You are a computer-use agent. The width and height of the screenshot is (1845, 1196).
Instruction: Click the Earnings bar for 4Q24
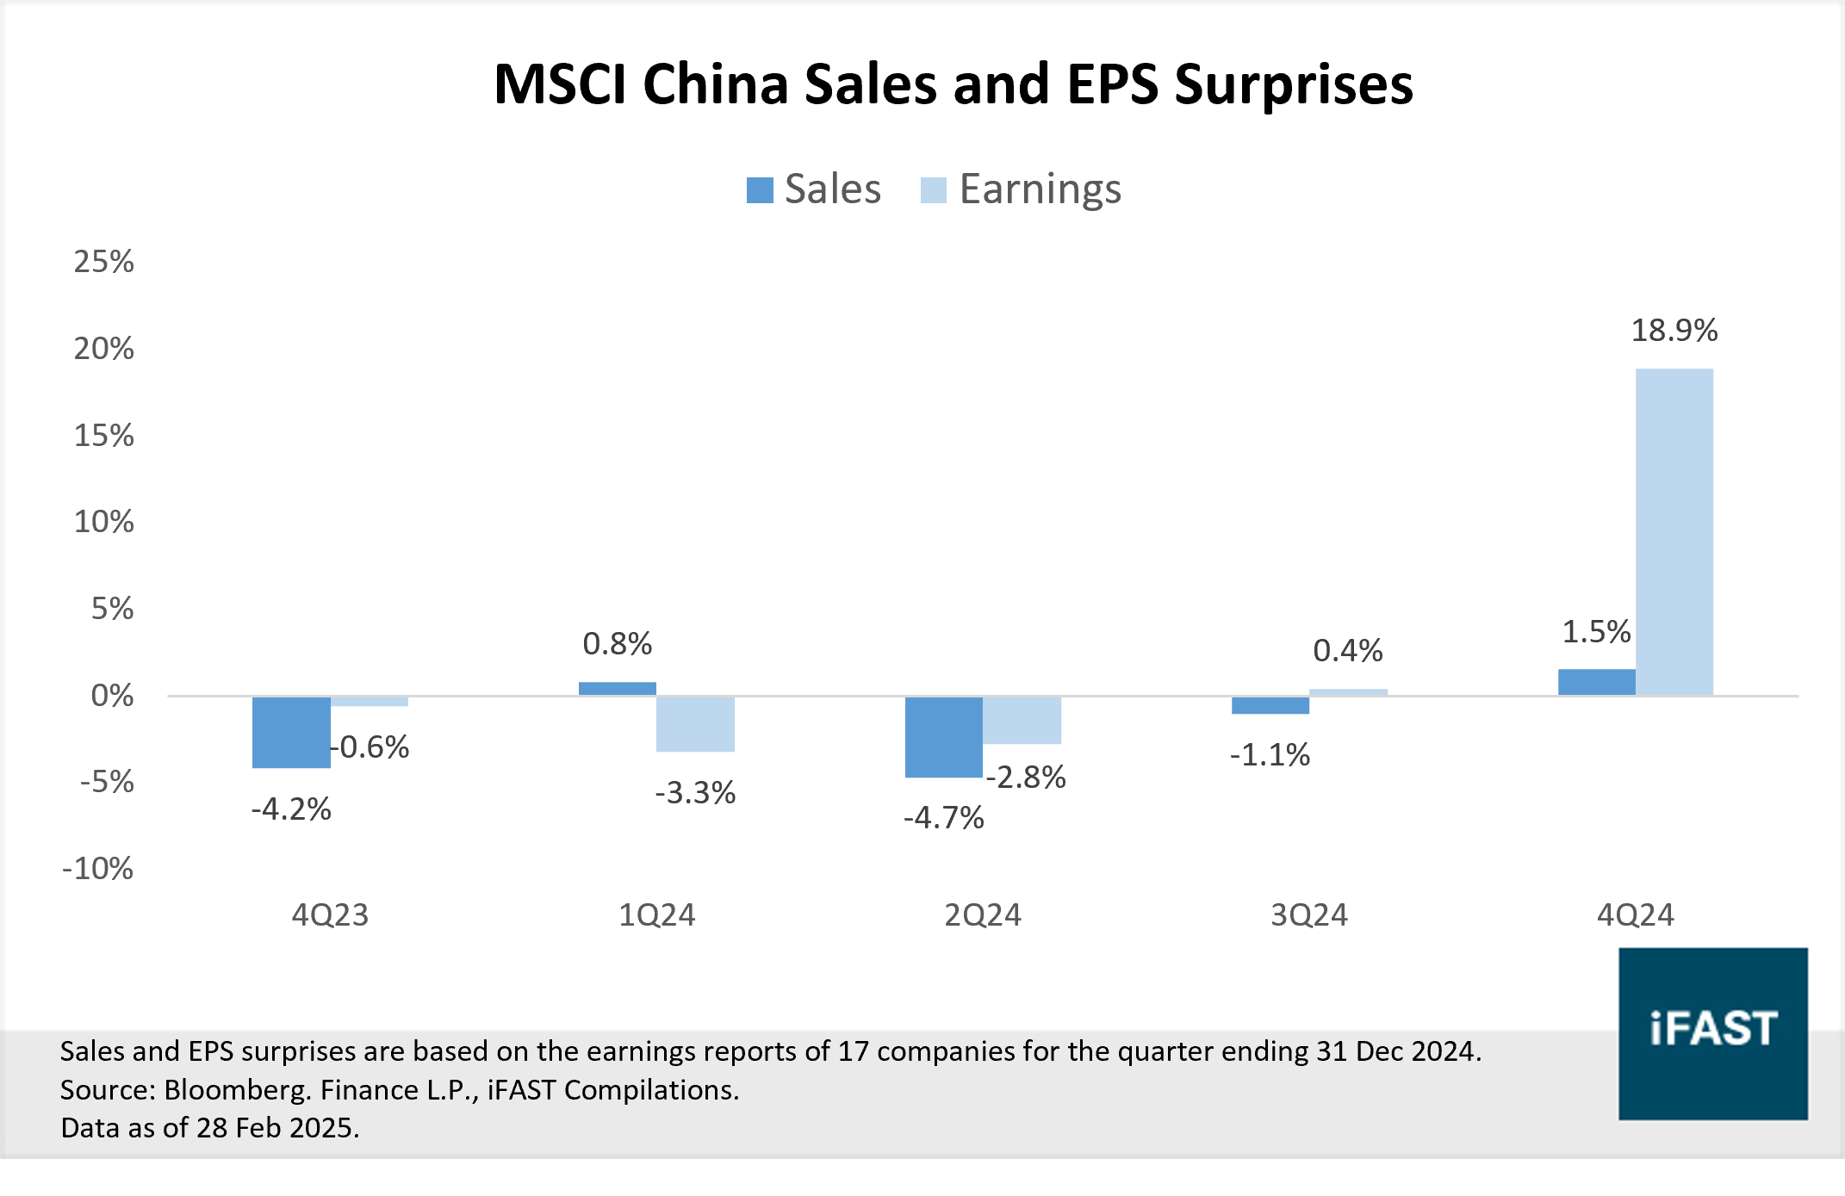pos(1674,532)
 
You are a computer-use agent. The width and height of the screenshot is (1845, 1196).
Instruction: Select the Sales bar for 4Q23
pos(291,732)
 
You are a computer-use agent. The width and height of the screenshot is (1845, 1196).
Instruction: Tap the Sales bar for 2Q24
pos(943,737)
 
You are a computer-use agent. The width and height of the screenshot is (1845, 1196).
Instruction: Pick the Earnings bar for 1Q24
pos(695,724)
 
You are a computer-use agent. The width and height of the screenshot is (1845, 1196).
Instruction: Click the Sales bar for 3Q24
pos(1270,705)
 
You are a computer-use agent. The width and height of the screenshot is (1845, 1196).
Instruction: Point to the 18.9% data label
pos(1674,331)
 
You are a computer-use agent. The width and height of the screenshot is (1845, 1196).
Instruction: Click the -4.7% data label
pos(943,818)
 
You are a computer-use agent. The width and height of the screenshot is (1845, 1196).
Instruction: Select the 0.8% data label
pos(617,644)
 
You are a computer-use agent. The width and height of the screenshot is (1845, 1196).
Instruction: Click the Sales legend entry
pos(814,189)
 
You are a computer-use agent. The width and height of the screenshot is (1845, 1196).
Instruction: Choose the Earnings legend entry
pos(1022,189)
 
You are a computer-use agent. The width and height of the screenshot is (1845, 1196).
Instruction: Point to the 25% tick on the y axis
pos(104,262)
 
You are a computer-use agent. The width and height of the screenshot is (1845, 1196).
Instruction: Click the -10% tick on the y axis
pos(98,869)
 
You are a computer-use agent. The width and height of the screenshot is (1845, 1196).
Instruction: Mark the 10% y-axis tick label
pos(104,522)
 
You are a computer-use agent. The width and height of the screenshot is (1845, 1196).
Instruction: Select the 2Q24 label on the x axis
pos(982,914)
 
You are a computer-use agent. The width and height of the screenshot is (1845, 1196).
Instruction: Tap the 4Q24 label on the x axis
pos(1635,914)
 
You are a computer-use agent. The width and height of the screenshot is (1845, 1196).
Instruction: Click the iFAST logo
pos(1712,1033)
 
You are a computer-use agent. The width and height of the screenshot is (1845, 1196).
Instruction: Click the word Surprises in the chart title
pos(1293,85)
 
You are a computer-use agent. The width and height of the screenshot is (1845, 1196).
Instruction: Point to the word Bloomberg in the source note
pos(235,1090)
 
